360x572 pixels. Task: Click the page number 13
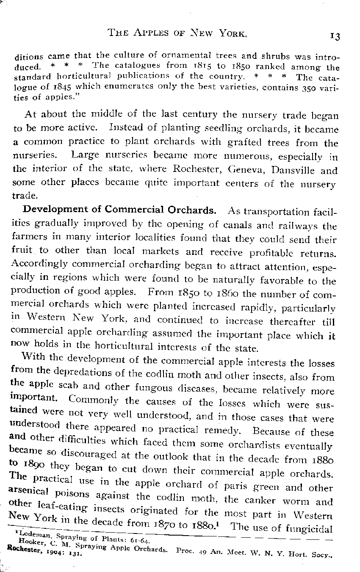[335, 36]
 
